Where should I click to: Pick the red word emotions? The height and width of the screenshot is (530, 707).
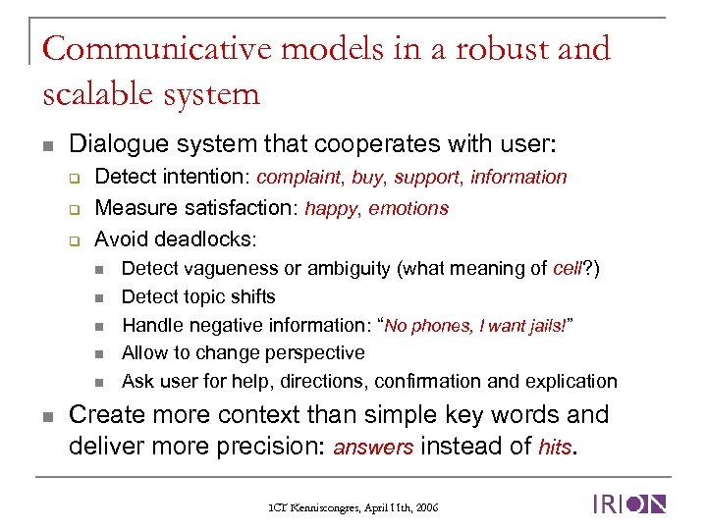408,208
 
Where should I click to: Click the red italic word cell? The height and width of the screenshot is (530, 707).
568,269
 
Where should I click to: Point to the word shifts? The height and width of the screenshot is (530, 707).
251,296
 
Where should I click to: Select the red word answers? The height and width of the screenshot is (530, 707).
374,448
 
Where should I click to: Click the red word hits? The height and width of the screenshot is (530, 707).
555,448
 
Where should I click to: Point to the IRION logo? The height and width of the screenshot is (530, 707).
628,504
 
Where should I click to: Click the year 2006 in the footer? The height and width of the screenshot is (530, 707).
426,507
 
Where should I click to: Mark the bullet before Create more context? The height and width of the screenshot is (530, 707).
46,416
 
